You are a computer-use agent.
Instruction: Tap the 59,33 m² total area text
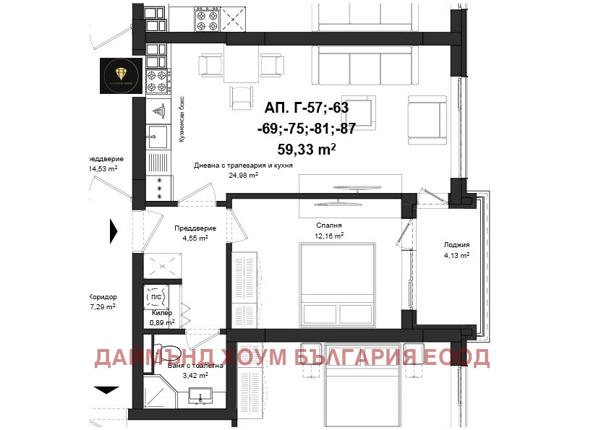pyautogui.click(x=306, y=150)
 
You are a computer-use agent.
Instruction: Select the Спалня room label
pyautogui.click(x=328, y=225)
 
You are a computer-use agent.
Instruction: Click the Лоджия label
pyautogui.click(x=456, y=244)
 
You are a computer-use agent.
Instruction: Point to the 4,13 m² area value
pyautogui.click(x=456, y=254)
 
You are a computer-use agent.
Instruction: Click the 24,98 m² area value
pyautogui.click(x=244, y=175)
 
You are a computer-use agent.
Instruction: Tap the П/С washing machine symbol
pyautogui.click(x=155, y=296)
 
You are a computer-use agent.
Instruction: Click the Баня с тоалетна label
pyautogui.click(x=194, y=366)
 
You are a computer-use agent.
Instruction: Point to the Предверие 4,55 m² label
pyautogui.click(x=195, y=233)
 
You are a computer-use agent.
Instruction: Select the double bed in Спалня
pyautogui.click(x=338, y=284)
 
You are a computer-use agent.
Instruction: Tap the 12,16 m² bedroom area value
pyautogui.click(x=329, y=235)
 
